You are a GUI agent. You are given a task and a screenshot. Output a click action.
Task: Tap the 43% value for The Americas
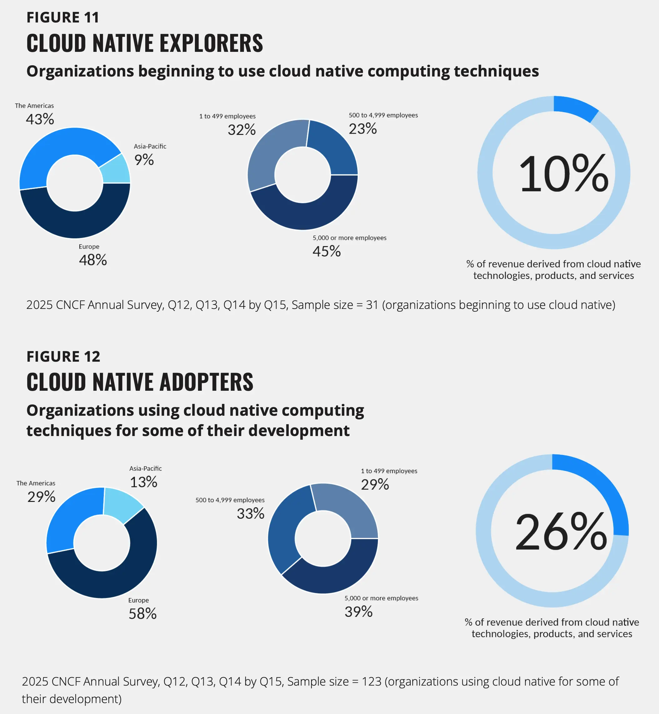(x=40, y=119)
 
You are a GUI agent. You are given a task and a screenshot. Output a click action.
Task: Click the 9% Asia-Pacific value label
(x=144, y=160)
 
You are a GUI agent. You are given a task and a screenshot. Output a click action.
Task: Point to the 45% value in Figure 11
(x=326, y=251)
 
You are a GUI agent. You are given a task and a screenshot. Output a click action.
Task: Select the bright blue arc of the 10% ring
(x=575, y=107)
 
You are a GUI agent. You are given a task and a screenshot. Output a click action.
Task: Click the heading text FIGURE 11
(x=63, y=17)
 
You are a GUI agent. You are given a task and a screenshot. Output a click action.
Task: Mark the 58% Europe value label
(x=142, y=614)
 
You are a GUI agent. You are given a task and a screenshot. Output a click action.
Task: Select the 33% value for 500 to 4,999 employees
(x=250, y=513)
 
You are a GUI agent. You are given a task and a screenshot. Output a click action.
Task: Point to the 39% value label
(x=358, y=612)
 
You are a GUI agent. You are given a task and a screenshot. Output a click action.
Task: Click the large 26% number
(x=561, y=532)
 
